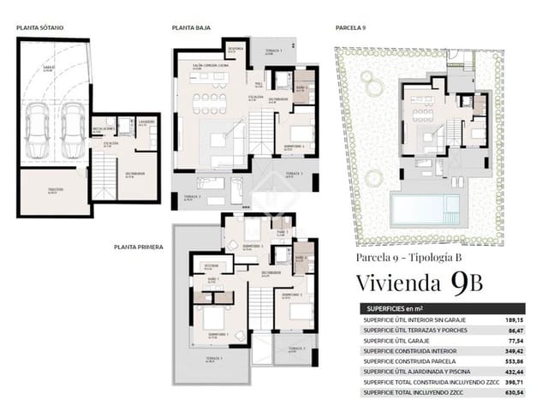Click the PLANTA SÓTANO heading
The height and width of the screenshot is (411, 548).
[x=40, y=28]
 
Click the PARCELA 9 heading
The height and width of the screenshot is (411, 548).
[x=350, y=28]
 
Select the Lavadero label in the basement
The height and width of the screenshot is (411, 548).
[x=146, y=122]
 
